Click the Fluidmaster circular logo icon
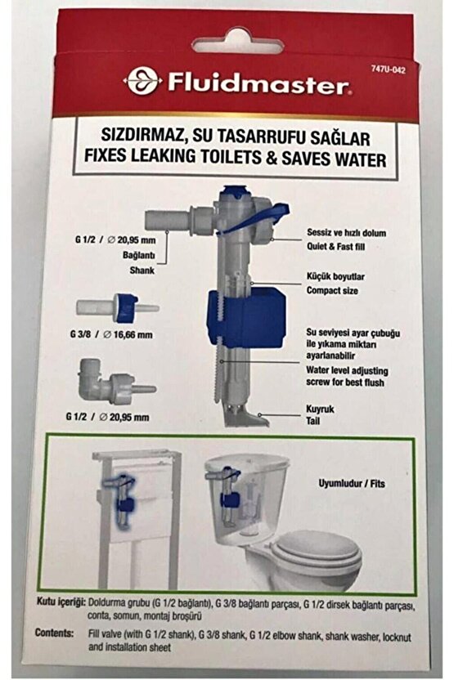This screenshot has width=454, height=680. tap(137, 80)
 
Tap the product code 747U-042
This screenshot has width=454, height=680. tap(389, 70)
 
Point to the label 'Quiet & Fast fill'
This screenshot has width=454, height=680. tap(333, 244)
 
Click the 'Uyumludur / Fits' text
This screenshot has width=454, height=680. tap(357, 484)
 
